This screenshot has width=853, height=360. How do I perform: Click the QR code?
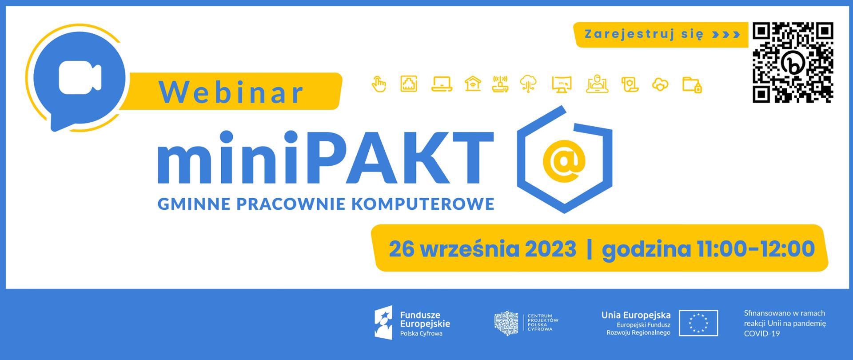tap(793, 63)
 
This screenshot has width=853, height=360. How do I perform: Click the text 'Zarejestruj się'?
tap(644, 34)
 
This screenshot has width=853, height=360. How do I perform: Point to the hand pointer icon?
tap(379, 84)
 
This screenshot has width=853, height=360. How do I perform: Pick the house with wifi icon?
tap(473, 84)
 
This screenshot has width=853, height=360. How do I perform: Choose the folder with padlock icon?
tap(692, 84)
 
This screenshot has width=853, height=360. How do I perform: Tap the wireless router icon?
tap(501, 84)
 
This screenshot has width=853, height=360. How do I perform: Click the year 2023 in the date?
tap(550, 249)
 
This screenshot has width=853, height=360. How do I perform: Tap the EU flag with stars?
tap(698, 323)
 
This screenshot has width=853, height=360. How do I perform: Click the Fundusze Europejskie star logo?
tap(385, 323)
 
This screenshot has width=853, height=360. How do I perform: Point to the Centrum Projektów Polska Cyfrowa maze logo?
tap(506, 323)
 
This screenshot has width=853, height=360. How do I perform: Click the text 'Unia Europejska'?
tap(636, 315)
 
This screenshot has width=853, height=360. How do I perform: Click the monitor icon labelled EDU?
tap(562, 84)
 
